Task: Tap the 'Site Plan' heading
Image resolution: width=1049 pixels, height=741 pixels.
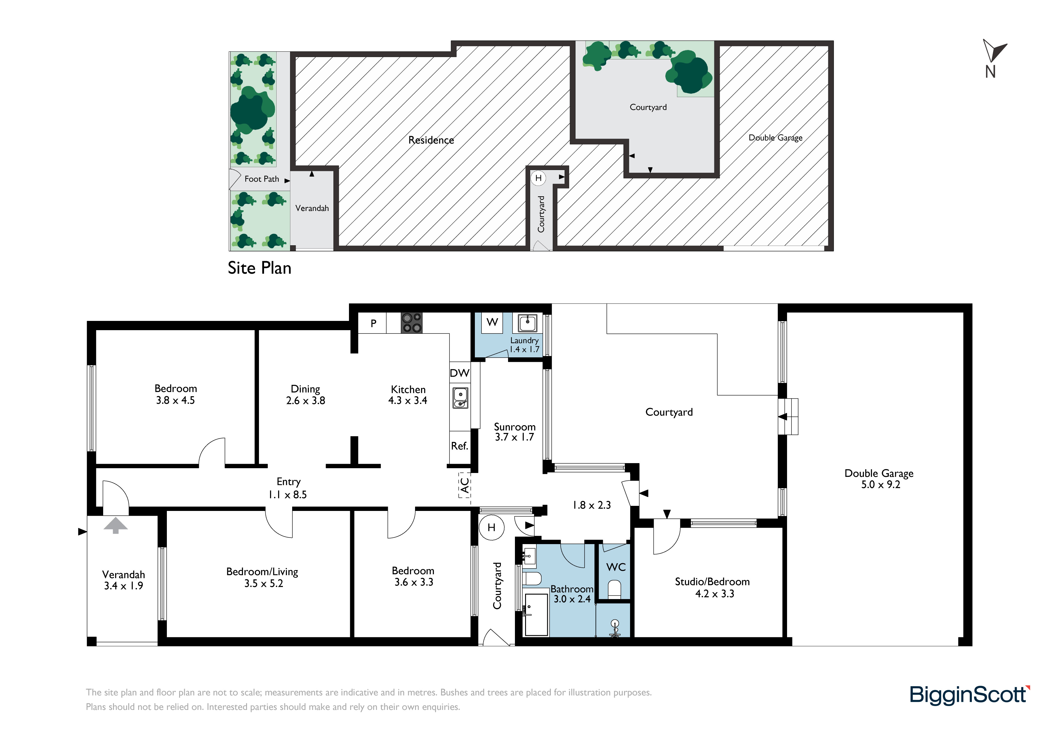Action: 260,268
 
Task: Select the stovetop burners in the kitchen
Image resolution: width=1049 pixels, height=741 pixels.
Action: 411,323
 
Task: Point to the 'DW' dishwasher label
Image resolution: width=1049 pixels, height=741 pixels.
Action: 460,373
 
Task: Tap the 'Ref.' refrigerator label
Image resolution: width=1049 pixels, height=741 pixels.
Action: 460,446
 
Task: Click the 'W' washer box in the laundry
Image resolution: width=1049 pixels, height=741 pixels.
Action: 492,323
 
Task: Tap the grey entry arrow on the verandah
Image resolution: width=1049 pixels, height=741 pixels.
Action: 116,525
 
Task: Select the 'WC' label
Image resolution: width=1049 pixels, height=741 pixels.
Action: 616,567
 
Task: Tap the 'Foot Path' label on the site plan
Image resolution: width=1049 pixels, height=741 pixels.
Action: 262,179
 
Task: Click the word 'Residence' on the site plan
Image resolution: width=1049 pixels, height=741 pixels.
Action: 431,140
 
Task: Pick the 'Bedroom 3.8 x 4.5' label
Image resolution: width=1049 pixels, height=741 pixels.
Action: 176,394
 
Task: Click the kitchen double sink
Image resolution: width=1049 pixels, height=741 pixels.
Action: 461,398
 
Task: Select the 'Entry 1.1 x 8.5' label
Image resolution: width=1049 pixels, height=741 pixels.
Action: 288,488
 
